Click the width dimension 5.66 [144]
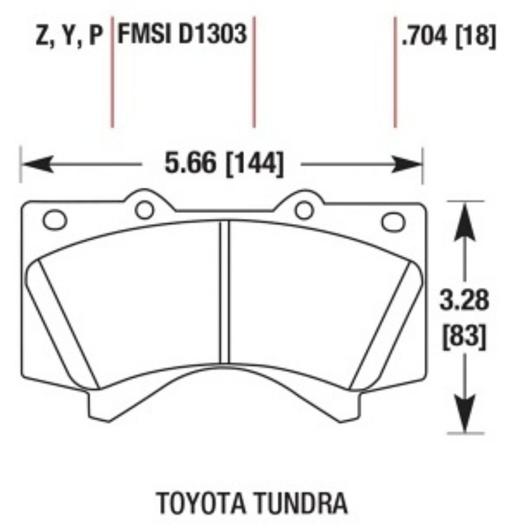tap(224, 164)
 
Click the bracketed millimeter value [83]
tap(464, 338)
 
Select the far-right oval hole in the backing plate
tap(393, 222)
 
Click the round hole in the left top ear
tap(144, 209)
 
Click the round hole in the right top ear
tap(304, 209)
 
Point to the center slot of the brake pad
tap(224, 291)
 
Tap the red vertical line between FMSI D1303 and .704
tap(254, 73)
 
